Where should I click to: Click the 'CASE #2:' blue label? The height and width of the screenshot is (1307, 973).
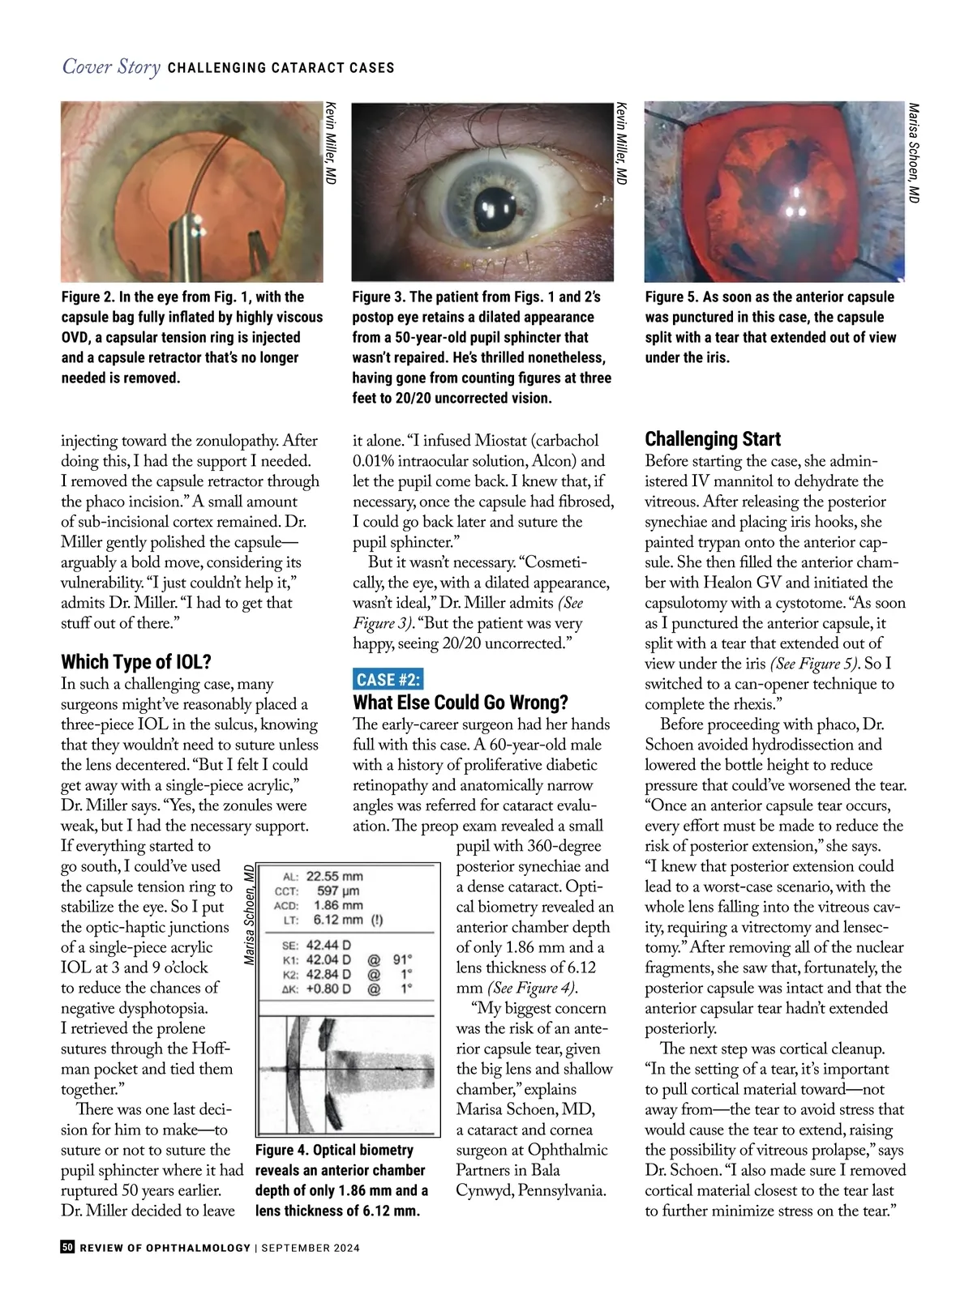(x=388, y=680)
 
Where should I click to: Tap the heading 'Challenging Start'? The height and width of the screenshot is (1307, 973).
(x=712, y=439)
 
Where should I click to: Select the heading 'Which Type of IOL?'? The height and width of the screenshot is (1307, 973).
(x=135, y=662)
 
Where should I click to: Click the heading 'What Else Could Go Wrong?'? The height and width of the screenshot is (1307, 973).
(x=460, y=703)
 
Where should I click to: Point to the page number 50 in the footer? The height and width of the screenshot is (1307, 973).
(x=67, y=1247)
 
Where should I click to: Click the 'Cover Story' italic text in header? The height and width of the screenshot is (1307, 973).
(x=111, y=66)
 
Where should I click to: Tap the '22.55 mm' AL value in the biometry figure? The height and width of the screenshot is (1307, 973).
(x=334, y=876)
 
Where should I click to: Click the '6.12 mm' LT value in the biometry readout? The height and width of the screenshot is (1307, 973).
(x=337, y=920)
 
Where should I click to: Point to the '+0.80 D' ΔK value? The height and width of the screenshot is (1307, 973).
(x=328, y=989)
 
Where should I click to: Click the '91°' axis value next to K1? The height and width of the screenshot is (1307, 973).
(x=402, y=959)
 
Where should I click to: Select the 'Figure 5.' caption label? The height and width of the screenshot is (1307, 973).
(x=671, y=297)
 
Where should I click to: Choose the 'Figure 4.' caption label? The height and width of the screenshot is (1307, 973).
(x=281, y=1150)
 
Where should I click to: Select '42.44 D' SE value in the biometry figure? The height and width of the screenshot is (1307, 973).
(x=328, y=945)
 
